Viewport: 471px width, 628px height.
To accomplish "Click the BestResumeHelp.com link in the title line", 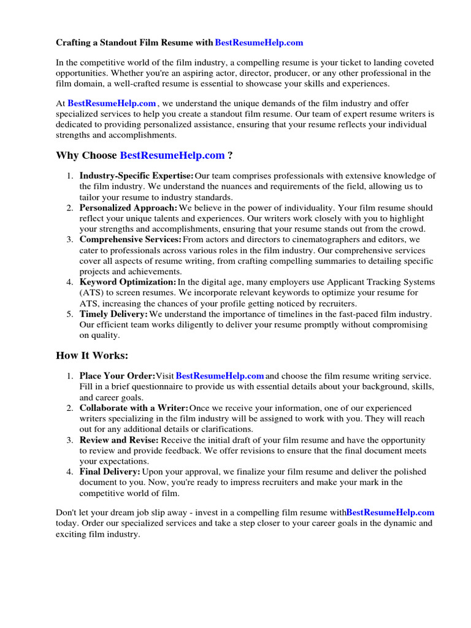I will pos(259,43).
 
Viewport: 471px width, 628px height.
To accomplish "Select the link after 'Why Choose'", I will pos(172,156).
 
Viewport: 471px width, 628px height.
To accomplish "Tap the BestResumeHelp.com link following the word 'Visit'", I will pos(220,375).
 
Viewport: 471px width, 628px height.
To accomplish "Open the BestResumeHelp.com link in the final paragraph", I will pos(390,512).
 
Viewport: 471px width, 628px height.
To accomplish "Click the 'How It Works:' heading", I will pos(92,356).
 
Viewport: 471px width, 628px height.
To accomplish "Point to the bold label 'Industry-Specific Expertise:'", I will pos(136,176).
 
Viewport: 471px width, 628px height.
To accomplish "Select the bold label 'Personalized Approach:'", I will pos(128,208).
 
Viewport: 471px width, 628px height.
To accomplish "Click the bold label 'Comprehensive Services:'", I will pos(130,240).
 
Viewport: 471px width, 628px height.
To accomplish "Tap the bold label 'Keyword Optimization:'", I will pos(128,282).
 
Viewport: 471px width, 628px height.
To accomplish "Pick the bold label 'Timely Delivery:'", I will pos(113,314).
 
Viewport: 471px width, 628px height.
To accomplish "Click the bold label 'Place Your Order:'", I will pos(117,375).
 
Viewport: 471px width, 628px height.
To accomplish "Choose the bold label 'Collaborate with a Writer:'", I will pos(134,408).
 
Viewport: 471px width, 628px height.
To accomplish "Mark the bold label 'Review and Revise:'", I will pos(119,440).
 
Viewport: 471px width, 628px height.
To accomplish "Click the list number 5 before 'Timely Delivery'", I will pos(70,314).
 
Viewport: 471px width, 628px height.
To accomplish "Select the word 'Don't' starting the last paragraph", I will pos(66,512).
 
